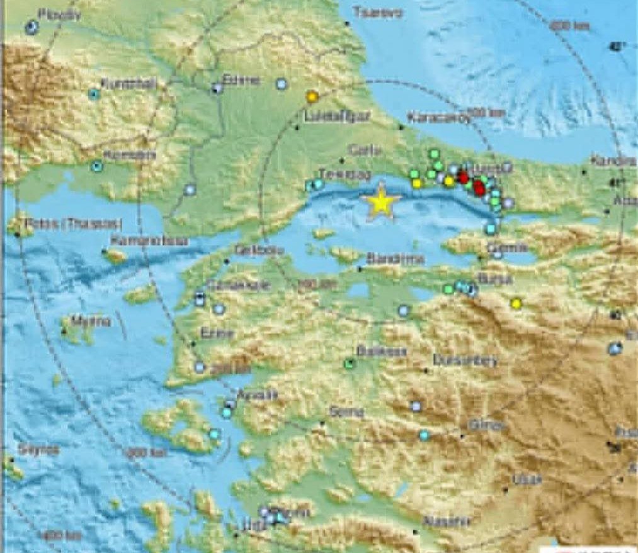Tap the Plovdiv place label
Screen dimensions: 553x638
click(60, 14)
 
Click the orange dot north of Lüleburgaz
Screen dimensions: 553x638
click(310, 97)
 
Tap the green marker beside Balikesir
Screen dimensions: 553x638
click(350, 363)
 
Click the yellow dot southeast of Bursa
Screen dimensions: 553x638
click(516, 304)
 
